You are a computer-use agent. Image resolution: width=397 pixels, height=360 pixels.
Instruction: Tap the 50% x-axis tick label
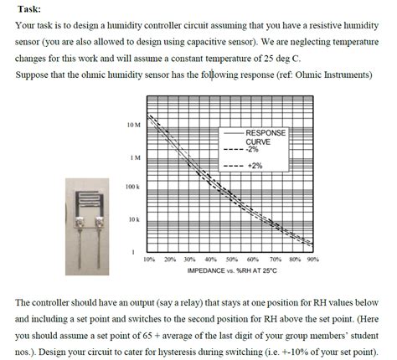(x=231, y=259)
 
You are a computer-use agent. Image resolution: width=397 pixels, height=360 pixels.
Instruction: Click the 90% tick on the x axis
(x=312, y=259)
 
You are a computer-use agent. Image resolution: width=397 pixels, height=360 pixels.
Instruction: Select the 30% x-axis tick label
(x=190, y=259)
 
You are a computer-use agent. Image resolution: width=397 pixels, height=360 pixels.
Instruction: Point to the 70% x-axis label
(x=273, y=259)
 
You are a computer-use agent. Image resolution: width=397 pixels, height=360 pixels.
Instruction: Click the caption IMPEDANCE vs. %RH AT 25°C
(x=231, y=271)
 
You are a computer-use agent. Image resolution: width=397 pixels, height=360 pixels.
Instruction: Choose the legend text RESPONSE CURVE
(x=265, y=137)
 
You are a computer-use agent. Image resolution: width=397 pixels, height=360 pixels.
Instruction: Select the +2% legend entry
(x=255, y=166)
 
